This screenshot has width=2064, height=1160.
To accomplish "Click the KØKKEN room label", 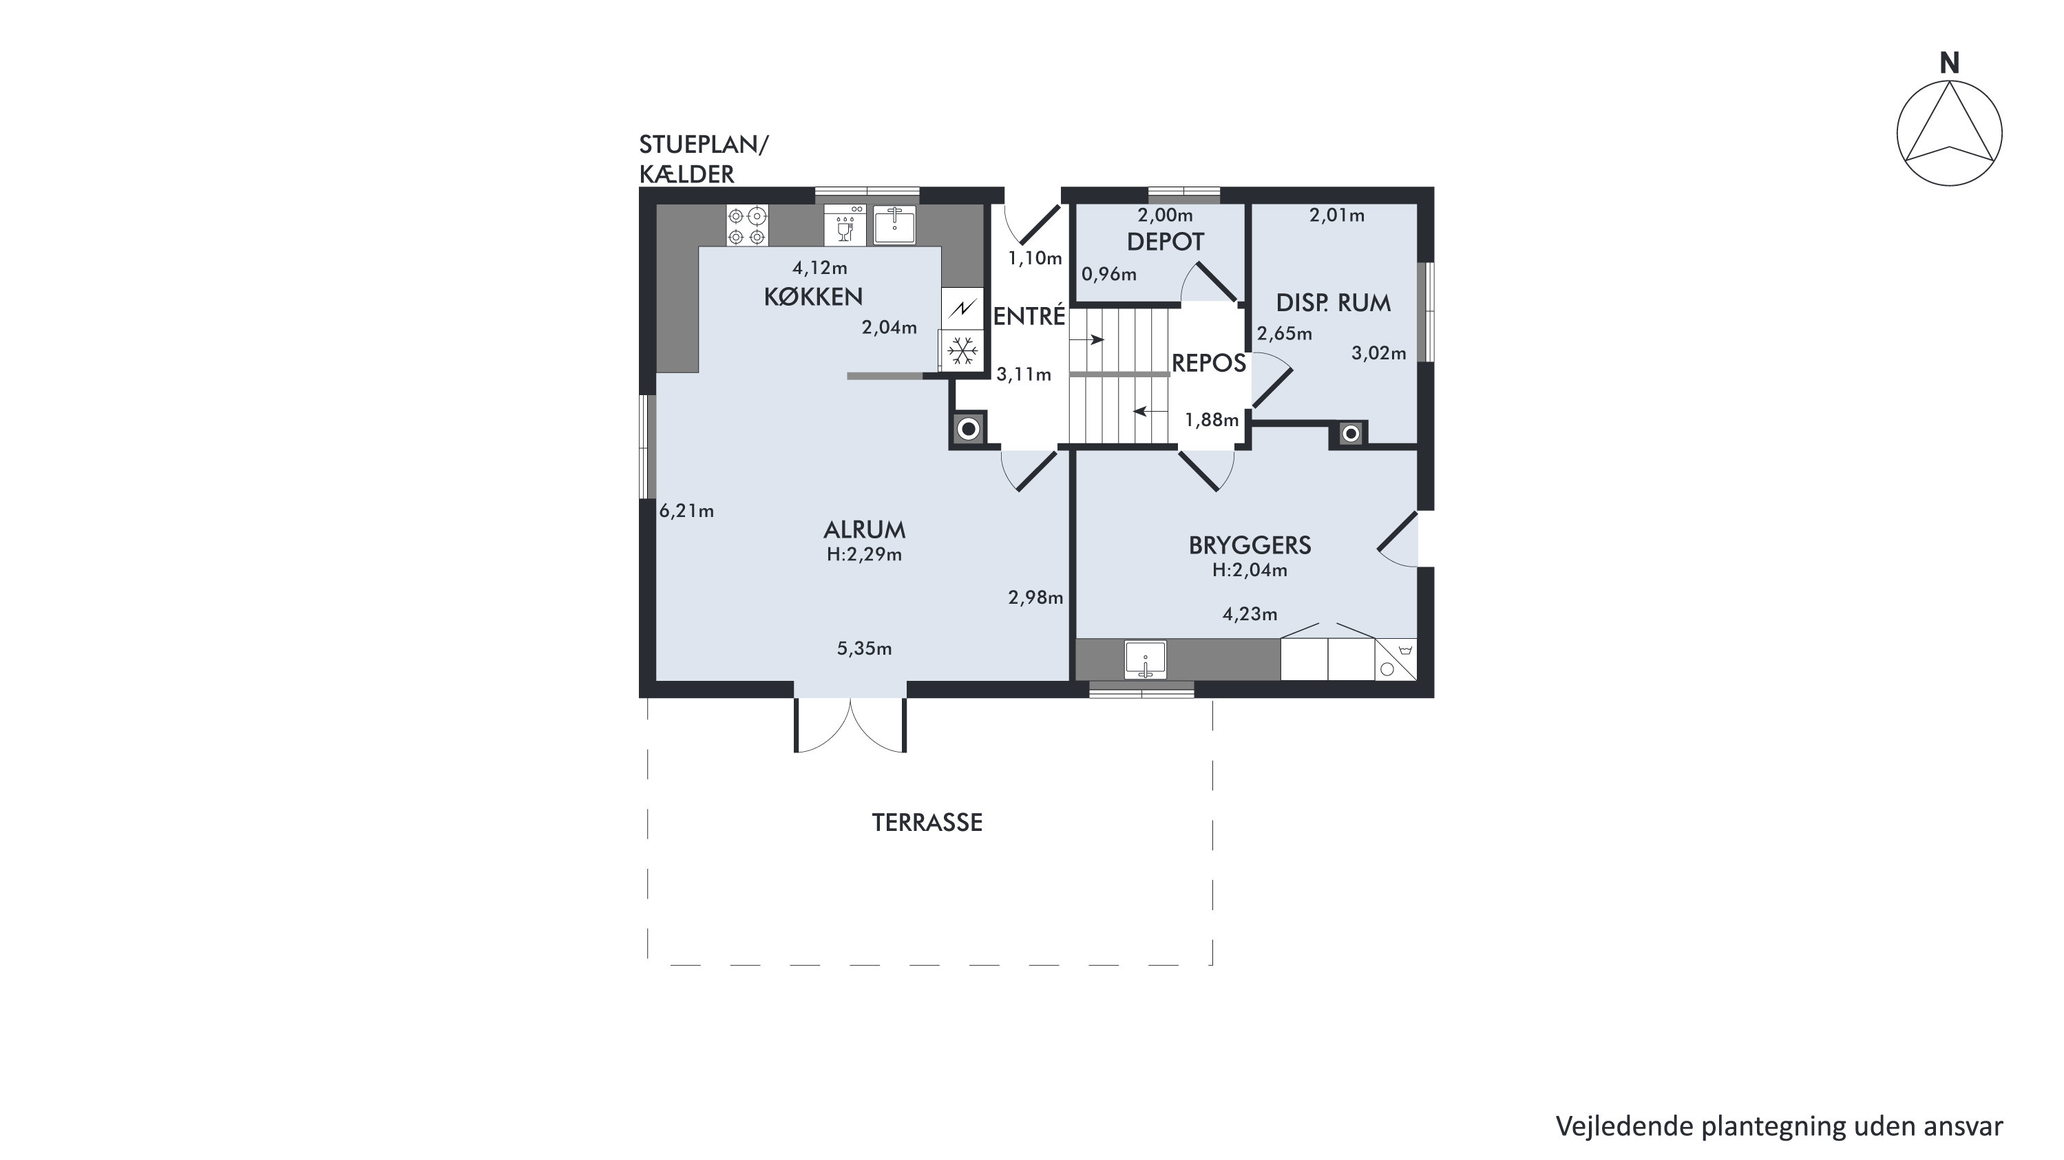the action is click(x=813, y=297).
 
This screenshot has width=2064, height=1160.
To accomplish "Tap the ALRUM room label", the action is click(x=865, y=529).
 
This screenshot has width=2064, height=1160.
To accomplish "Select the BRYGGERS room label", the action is click(x=1250, y=545).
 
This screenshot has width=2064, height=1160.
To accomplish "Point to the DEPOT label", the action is click(x=1165, y=242).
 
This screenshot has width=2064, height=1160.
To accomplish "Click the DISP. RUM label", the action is click(x=1334, y=303).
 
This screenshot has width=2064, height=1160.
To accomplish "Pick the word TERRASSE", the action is click(x=927, y=823).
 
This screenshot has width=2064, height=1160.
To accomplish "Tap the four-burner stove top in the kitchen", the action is click(x=748, y=225).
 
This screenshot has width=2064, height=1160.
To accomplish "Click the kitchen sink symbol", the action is click(x=894, y=225).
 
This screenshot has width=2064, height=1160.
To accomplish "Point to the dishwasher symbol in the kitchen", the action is click(x=845, y=225).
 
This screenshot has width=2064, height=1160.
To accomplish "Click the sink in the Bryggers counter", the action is click(x=1146, y=660).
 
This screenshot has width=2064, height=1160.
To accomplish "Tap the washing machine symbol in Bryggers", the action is click(x=1396, y=660).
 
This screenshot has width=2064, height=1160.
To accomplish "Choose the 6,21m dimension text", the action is click(x=686, y=511).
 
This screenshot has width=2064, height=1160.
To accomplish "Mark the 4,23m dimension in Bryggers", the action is click(x=1250, y=615).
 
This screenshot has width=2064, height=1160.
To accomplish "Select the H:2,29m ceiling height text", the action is click(x=865, y=554).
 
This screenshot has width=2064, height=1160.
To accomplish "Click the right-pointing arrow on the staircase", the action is click(x=1087, y=341).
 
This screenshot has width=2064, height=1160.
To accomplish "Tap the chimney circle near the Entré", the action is click(x=969, y=430).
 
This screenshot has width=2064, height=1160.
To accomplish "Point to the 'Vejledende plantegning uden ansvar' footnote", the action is click(x=1780, y=1126).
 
